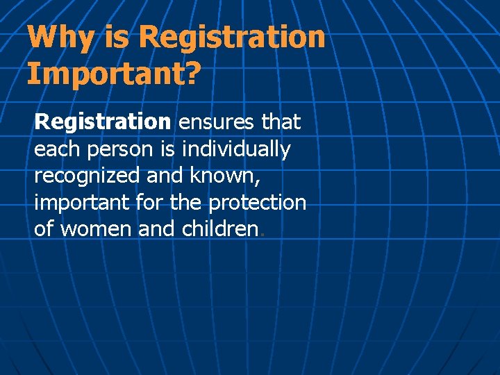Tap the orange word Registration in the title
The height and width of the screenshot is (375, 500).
[x=232, y=37]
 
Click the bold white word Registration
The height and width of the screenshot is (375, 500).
[x=102, y=122]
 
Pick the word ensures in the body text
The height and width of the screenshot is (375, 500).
[x=217, y=122]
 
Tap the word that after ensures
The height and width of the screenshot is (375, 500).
[x=281, y=122]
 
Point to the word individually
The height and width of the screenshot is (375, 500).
[x=236, y=149]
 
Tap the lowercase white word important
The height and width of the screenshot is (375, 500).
[x=82, y=203]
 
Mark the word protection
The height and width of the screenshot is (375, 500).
[x=258, y=203]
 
